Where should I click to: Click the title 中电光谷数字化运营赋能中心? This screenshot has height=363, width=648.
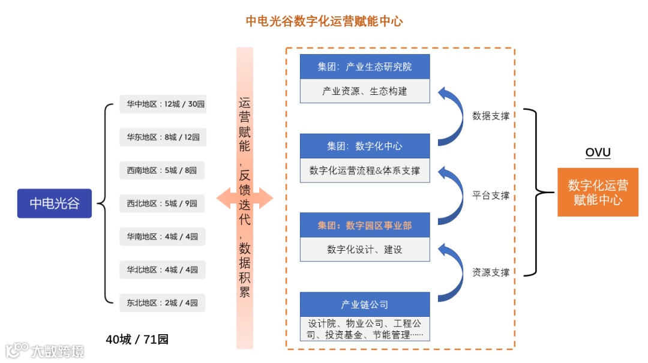pyautogui.click(x=324, y=22)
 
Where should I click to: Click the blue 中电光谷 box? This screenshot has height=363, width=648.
pyautogui.click(x=55, y=203)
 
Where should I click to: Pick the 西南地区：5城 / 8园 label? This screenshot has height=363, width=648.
pyautogui.click(x=162, y=170)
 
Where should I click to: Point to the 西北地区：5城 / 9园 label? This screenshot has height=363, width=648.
pyautogui.click(x=162, y=203)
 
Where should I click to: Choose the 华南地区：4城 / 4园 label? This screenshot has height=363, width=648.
pyautogui.click(x=162, y=236)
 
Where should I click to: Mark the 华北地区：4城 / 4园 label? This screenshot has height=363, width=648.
pyautogui.click(x=162, y=269)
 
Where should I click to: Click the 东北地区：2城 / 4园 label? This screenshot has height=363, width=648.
pyautogui.click(x=162, y=302)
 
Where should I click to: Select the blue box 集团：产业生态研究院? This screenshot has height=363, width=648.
pyautogui.click(x=365, y=66)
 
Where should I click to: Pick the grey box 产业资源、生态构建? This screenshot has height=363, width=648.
pyautogui.click(x=365, y=91)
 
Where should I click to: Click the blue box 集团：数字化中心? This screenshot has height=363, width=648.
pyautogui.click(x=365, y=146)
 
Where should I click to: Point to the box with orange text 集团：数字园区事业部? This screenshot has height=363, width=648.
pyautogui.click(x=365, y=225)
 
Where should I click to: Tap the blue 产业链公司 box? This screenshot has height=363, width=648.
pyautogui.click(x=365, y=304)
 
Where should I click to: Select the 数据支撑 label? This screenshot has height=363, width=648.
pyautogui.click(x=490, y=116)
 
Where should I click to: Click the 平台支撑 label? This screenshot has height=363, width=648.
pyautogui.click(x=490, y=195)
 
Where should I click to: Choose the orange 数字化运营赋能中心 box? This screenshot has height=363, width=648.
pyautogui.click(x=598, y=193)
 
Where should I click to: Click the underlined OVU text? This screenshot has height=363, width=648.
pyautogui.click(x=598, y=152)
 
